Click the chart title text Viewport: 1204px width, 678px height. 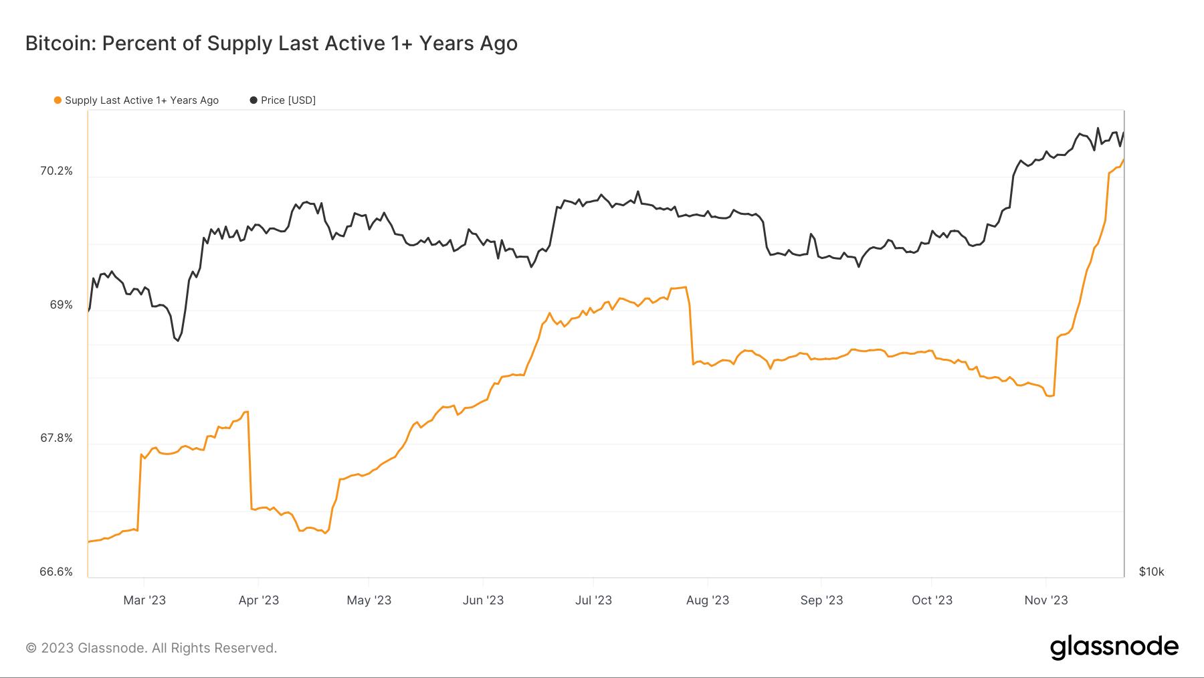271,44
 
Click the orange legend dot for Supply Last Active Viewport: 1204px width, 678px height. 58,100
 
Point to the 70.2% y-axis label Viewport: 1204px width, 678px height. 56,171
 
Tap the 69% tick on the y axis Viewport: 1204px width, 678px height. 61,305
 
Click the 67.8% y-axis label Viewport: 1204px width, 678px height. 56,438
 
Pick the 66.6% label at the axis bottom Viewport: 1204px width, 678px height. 56,572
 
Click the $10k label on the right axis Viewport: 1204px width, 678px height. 1151,572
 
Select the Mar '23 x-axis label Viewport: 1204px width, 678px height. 144,600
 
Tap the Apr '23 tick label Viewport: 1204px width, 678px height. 258,600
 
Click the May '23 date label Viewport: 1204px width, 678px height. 369,600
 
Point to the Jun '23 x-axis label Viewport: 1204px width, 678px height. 483,600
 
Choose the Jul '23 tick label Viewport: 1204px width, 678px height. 593,600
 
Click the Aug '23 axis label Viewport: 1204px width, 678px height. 707,600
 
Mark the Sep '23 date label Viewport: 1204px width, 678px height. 821,600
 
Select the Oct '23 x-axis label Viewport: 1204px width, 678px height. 932,600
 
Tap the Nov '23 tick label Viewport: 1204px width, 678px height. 1046,600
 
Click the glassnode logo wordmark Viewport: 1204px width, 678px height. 1114,647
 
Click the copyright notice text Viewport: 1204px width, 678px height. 151,648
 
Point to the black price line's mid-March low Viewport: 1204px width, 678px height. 177,340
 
